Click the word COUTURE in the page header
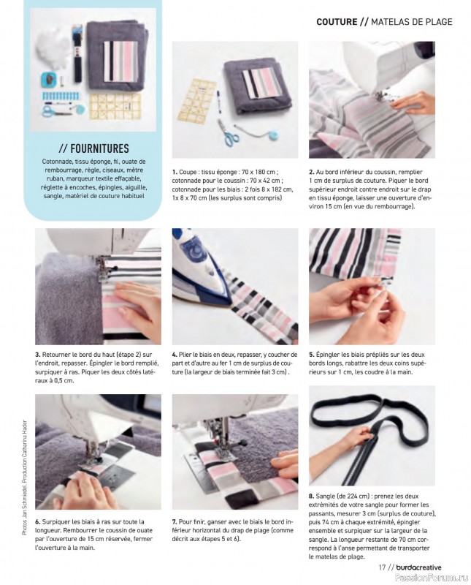point(337,22)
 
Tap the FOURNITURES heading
point(94,148)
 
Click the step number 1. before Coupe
point(175,173)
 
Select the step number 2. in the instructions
point(312,173)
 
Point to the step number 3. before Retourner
point(38,355)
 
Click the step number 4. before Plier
point(175,355)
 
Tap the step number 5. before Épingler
point(312,355)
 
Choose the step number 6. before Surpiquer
point(38,521)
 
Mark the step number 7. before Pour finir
point(175,521)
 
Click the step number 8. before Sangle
point(312,497)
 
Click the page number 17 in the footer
point(382,567)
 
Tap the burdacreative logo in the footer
point(419,567)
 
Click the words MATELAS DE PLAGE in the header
point(412,22)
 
